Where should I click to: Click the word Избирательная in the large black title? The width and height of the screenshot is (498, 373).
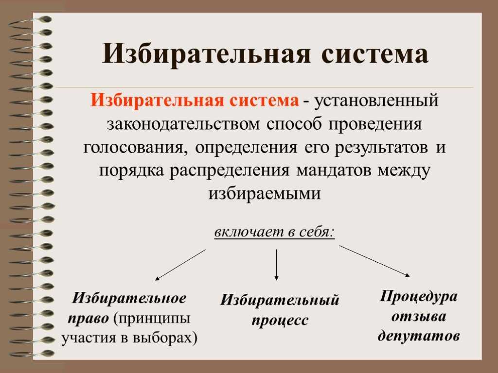[206, 53]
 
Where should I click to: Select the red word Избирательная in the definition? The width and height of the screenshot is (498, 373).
[157, 100]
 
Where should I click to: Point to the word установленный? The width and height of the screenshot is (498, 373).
[376, 101]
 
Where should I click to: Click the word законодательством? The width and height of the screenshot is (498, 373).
[183, 124]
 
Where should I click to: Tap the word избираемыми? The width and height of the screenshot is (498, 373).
[265, 193]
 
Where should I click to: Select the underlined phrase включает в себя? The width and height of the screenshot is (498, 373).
[275, 232]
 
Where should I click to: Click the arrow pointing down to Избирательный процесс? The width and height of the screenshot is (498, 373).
[276, 265]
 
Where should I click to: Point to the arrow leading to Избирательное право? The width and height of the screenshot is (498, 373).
[180, 265]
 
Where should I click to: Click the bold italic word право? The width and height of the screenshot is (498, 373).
[89, 319]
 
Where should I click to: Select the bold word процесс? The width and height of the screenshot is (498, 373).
[280, 321]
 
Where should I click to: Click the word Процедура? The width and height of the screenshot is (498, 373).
[419, 297]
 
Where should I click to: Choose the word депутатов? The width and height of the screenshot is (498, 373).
[419, 336]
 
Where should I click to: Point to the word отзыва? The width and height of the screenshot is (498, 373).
[419, 317]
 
